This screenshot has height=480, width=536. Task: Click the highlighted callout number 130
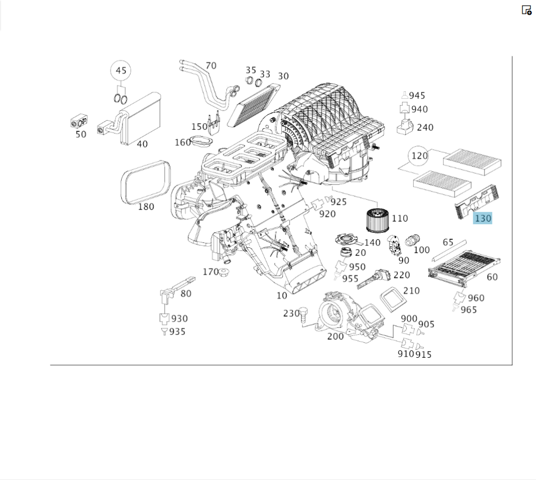pyautogui.click(x=482, y=218)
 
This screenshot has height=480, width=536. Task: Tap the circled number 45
pyautogui.click(x=121, y=70)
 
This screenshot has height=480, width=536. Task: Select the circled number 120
pyautogui.click(x=419, y=156)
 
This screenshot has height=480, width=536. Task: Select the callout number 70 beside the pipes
pyautogui.click(x=211, y=65)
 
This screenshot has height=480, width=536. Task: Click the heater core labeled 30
pyautogui.click(x=252, y=105)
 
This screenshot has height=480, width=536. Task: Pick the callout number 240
pyautogui.click(x=425, y=128)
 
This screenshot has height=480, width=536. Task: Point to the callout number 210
pyautogui.click(x=411, y=291)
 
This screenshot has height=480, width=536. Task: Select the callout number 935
pyautogui.click(x=177, y=331)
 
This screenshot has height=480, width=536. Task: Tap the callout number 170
pyautogui.click(x=210, y=271)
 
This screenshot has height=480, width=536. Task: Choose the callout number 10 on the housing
pyautogui.click(x=281, y=296)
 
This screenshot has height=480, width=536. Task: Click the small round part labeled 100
pyautogui.click(x=412, y=240)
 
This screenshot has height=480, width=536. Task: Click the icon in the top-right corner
pyautogui.click(x=526, y=10)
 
